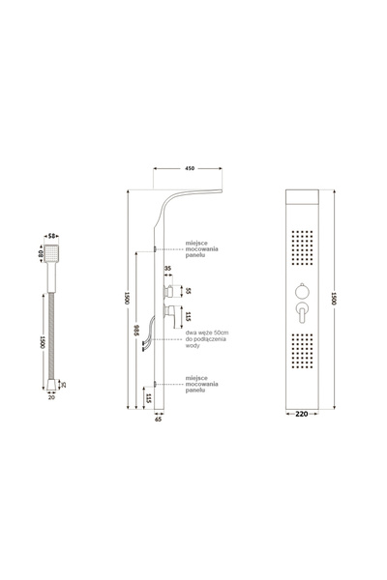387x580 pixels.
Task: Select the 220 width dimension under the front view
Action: (304, 414)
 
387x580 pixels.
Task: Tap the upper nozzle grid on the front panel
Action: (302, 246)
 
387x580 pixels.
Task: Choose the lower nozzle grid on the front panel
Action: (302, 354)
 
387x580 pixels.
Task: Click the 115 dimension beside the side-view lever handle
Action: (189, 315)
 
